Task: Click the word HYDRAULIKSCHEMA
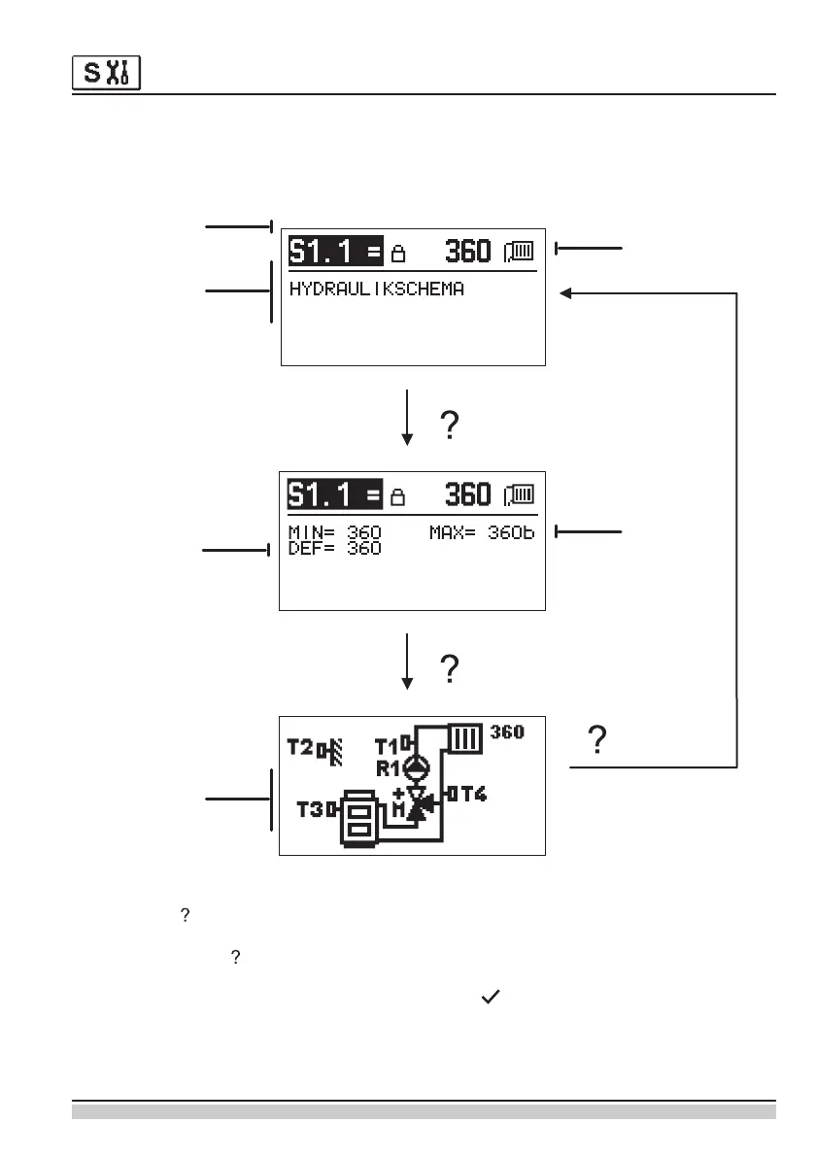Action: click(377, 289)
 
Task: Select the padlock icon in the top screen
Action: click(397, 255)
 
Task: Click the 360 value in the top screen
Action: click(467, 252)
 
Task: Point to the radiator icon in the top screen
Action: click(518, 253)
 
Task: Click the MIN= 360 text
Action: click(335, 532)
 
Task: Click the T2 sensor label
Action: click(302, 747)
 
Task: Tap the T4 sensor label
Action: click(471, 794)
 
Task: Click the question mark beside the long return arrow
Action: click(599, 741)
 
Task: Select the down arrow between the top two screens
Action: click(408, 418)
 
